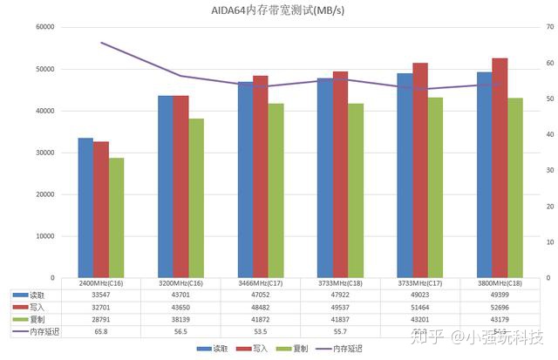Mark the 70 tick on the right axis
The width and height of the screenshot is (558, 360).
pyautogui.click(x=549, y=27)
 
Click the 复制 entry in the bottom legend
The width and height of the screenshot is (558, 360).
pyautogui.click(x=296, y=349)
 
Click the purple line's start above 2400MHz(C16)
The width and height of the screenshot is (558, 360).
pyautogui.click(x=101, y=43)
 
